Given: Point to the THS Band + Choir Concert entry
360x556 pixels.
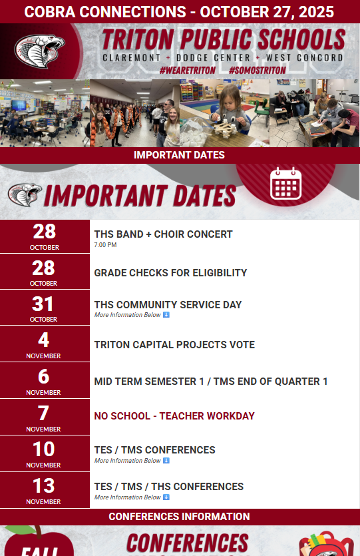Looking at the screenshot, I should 163,234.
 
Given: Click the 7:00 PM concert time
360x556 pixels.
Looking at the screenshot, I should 105,245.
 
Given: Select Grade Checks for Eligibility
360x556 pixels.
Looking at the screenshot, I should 170,272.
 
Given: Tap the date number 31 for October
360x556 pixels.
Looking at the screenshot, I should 44,304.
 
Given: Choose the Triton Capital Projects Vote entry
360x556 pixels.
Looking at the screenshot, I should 174,345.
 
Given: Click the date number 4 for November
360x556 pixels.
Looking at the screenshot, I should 44,340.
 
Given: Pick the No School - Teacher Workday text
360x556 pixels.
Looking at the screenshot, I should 174,416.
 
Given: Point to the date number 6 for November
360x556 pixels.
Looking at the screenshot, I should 44,377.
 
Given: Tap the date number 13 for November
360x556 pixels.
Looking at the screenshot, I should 44,485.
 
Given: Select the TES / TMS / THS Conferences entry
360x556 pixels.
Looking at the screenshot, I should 169,487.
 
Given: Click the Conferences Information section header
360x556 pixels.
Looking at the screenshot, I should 180,517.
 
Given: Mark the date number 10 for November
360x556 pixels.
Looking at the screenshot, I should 44,449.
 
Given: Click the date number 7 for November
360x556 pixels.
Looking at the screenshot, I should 44,413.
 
